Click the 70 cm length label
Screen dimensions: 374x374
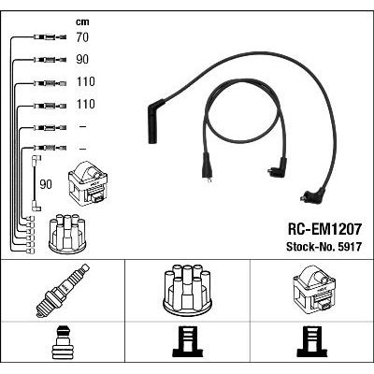(82, 37)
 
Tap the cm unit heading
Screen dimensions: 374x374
(82, 22)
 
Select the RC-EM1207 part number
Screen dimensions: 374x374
(324, 229)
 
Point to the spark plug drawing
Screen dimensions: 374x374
(63, 291)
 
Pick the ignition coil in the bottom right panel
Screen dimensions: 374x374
(313, 289)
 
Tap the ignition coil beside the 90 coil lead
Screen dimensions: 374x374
(88, 182)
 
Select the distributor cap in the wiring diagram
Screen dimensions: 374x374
(67, 233)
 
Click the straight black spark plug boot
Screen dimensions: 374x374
(155, 122)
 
